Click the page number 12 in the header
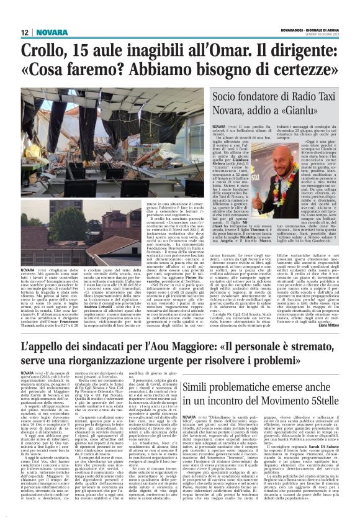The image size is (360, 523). [x=25, y=33]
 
